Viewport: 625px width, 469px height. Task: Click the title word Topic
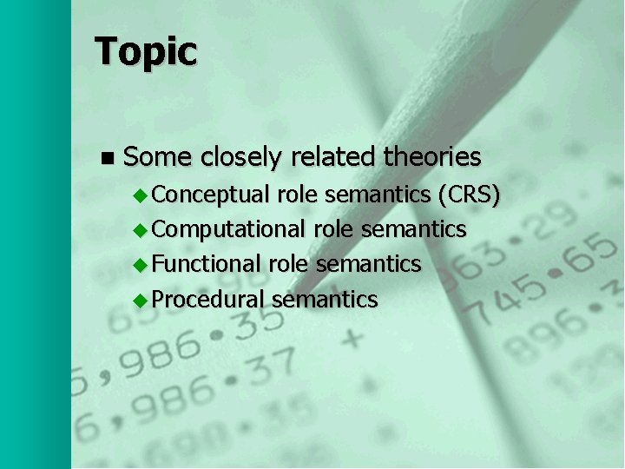pos(146,52)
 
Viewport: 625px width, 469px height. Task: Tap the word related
pos(333,157)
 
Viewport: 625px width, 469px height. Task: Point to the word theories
pos(431,157)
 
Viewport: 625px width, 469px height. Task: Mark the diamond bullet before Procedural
pos(141,299)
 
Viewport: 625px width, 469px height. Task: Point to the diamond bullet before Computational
pos(141,229)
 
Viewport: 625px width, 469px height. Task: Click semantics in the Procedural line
pos(325,300)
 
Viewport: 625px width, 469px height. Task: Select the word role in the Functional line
pos(288,263)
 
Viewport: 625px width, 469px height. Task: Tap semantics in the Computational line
pos(414,229)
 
